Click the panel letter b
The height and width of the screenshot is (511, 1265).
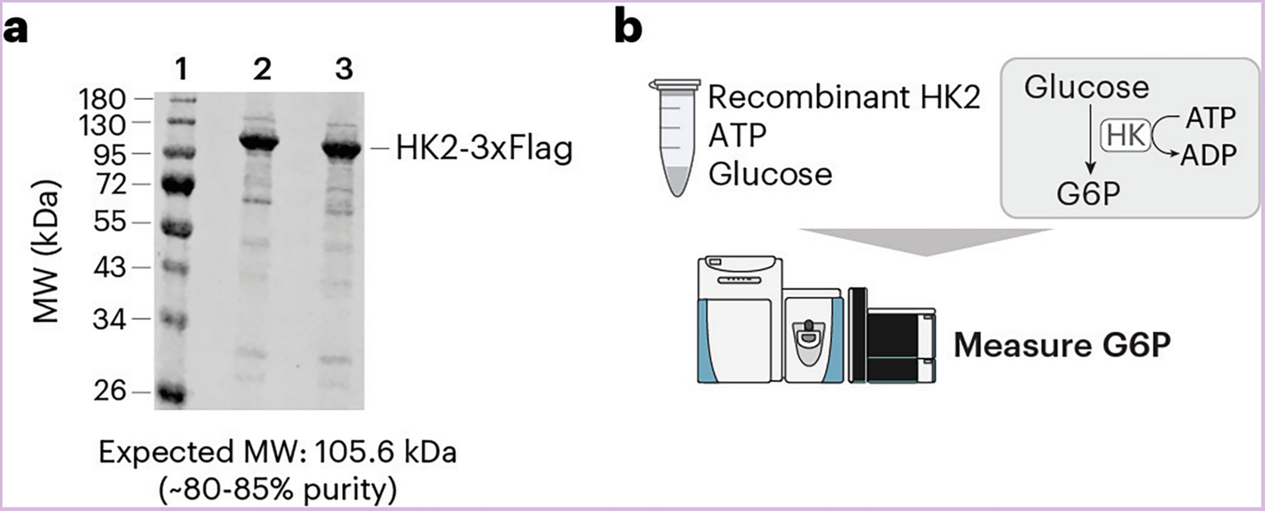click(x=628, y=29)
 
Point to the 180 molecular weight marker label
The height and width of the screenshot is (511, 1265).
click(x=102, y=100)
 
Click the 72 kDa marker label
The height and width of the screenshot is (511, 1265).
click(x=111, y=185)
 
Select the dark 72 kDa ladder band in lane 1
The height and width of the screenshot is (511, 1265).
click(x=178, y=186)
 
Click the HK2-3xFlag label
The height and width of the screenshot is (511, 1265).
click(x=484, y=148)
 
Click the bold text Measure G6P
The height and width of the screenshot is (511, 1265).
click(x=1062, y=346)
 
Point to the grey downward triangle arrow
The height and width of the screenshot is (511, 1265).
click(x=926, y=241)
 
